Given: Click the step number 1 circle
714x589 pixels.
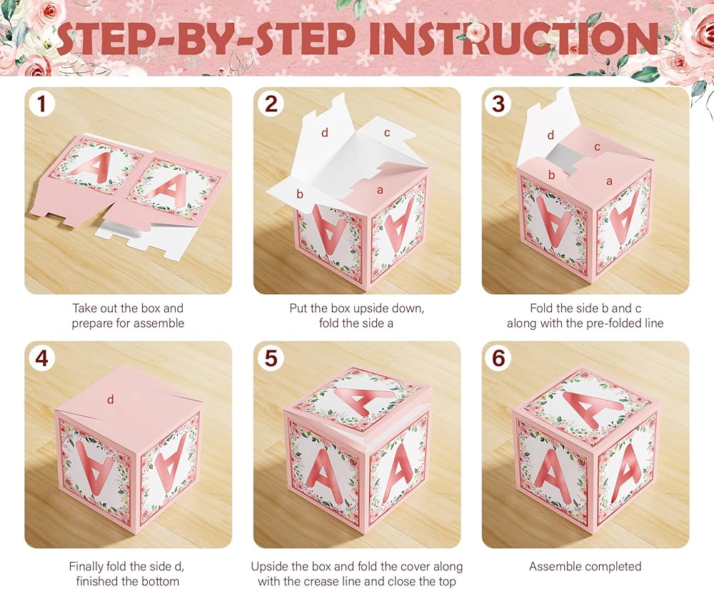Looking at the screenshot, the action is pos(42,104).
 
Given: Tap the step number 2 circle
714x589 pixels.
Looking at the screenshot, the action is pos(271,104).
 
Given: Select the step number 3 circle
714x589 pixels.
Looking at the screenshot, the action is pos(499,104).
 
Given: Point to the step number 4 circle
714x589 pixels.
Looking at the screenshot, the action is pos(42,358).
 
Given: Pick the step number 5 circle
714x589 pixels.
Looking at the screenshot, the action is pos(271,358).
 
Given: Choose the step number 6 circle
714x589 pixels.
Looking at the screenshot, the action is pos(499,358).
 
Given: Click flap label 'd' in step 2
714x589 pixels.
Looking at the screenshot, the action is pos(325,133).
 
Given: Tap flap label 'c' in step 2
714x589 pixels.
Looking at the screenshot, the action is pos(387,133).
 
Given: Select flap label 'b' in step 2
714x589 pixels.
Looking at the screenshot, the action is pos(300,194).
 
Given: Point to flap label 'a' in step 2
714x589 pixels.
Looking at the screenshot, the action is pos(381,190).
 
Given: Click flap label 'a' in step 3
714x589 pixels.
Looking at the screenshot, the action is pos(609,181).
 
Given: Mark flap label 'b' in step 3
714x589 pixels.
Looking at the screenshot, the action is pos(551,175).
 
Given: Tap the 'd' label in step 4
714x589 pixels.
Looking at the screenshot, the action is pos(110,400).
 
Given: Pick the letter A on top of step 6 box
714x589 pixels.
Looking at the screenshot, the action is pos(592,410).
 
